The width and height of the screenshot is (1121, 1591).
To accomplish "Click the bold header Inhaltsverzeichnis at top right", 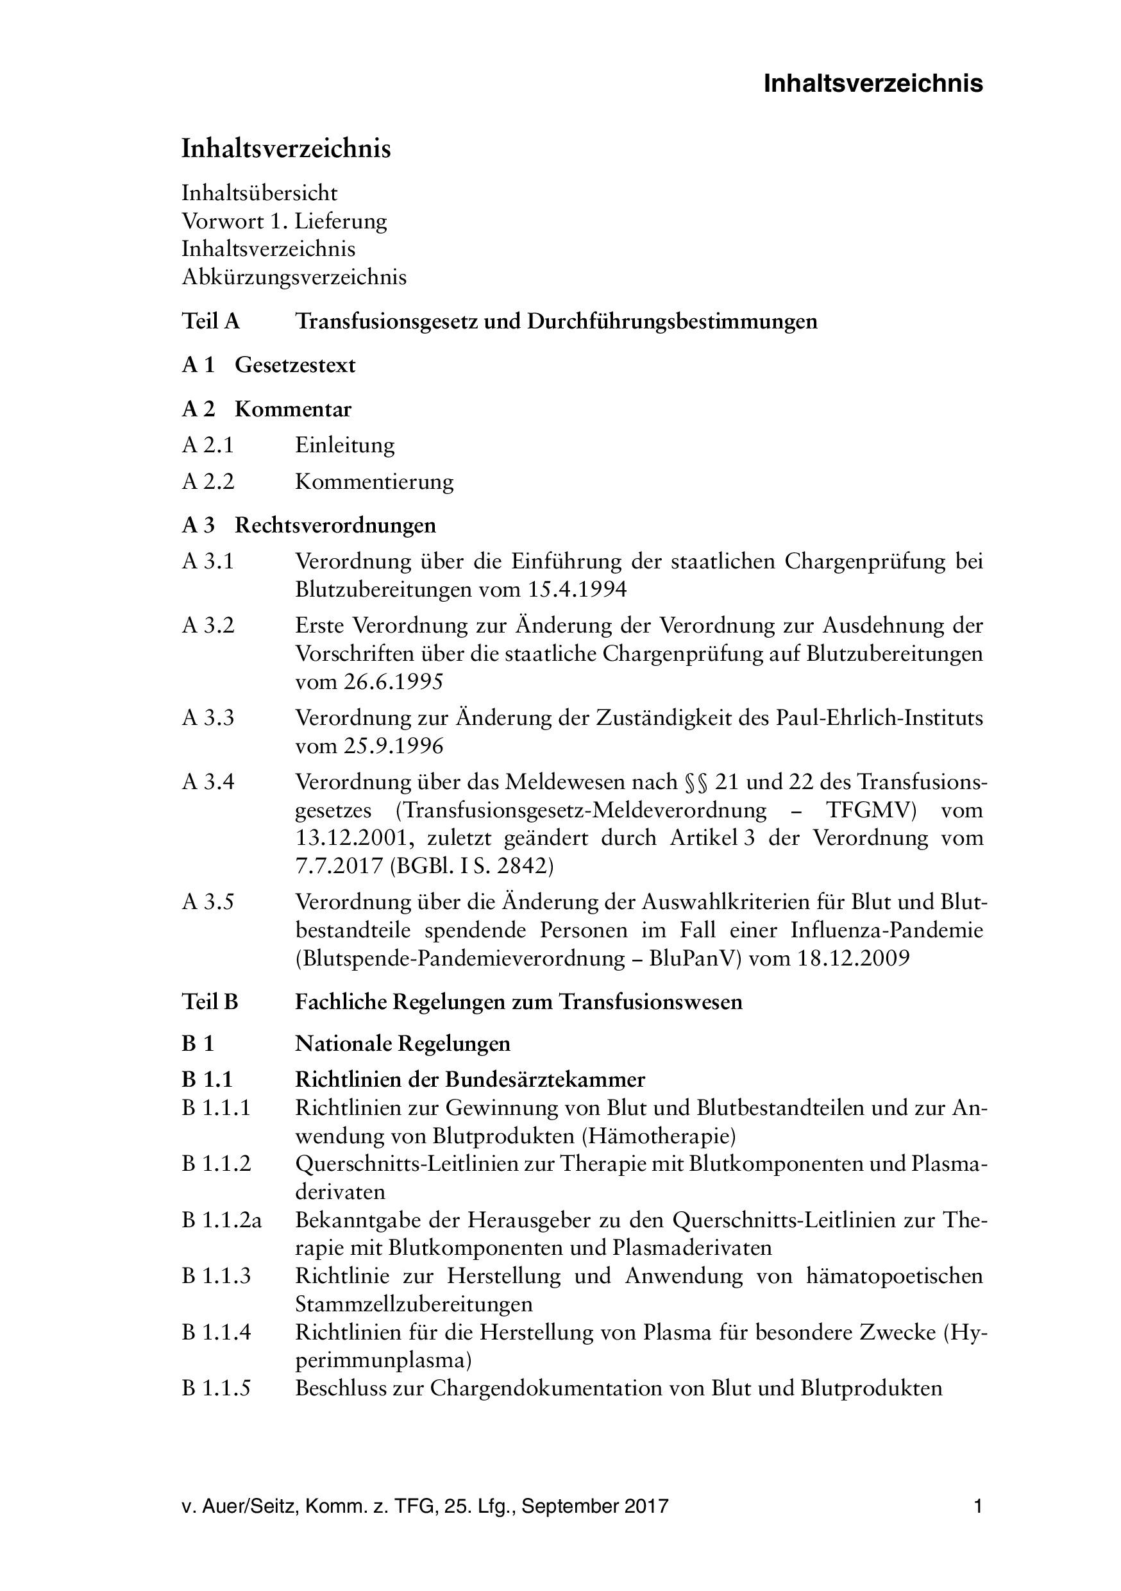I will click(872, 84).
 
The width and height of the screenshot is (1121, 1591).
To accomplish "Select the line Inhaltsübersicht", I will click(259, 192).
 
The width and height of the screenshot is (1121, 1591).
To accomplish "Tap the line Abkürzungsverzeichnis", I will click(294, 277).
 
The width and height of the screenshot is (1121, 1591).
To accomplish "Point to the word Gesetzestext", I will click(294, 365).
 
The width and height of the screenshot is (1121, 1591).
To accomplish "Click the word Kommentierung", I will click(374, 482).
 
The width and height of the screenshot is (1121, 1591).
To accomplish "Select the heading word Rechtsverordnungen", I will click(335, 525).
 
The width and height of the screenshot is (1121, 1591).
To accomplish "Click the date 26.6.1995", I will click(393, 682).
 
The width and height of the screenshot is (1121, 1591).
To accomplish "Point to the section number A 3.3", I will click(208, 718).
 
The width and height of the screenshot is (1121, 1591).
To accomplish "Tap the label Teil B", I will click(209, 1002).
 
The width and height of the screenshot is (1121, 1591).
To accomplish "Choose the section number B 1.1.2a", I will click(222, 1220).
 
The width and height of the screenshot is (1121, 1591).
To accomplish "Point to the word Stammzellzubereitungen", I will click(414, 1304).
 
